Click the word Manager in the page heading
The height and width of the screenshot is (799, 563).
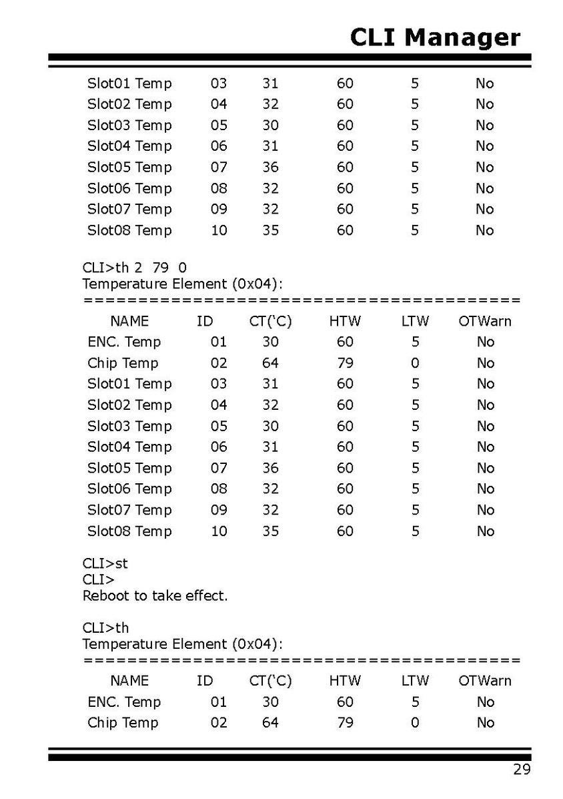click(x=462, y=37)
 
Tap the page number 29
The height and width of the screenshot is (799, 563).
click(x=522, y=770)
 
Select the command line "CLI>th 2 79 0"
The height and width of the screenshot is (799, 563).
click(x=134, y=268)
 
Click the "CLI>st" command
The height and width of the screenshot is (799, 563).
click(x=105, y=563)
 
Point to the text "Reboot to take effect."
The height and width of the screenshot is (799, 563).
click(x=155, y=595)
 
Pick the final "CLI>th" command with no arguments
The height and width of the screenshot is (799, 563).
click(x=105, y=628)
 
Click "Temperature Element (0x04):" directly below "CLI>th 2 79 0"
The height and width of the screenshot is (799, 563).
click(x=182, y=284)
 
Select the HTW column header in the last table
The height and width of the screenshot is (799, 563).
click(x=345, y=681)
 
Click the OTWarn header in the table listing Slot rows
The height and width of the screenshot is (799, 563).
click(x=485, y=321)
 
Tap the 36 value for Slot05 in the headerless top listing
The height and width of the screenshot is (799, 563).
click(x=270, y=167)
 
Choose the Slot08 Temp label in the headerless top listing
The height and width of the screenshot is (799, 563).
click(x=129, y=230)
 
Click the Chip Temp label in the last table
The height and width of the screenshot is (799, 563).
click(x=123, y=722)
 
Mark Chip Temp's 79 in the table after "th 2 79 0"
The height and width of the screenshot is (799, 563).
click(x=345, y=363)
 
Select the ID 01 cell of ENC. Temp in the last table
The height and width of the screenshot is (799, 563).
click(x=219, y=702)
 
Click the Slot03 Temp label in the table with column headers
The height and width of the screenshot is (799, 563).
click(x=129, y=426)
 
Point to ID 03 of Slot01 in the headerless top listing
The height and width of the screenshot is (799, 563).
click(x=219, y=83)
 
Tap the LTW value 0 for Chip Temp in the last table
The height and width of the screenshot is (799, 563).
click(x=415, y=722)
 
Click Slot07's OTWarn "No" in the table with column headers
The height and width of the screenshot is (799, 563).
click(x=485, y=510)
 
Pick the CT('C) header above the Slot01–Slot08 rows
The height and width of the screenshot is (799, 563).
click(x=270, y=321)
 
